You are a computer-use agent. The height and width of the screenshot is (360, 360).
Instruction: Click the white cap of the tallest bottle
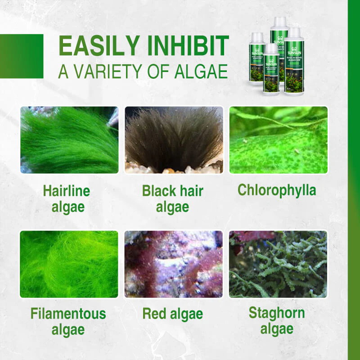point(279,21)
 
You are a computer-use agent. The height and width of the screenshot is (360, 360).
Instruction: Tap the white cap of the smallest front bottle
point(271,47)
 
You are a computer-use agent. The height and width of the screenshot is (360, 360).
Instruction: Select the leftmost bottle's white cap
point(257,36)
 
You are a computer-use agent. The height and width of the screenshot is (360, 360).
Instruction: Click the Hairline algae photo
point(69,140)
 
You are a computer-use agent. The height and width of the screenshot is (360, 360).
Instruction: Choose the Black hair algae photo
point(174,140)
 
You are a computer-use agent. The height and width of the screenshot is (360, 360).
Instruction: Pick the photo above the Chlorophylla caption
point(278,140)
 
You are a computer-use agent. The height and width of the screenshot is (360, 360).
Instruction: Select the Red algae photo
point(173,264)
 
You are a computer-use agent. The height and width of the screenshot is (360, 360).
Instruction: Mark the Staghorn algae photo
point(278,264)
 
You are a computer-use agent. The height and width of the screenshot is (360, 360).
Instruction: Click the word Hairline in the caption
point(67,190)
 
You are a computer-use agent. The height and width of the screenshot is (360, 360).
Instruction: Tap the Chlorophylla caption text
point(277,189)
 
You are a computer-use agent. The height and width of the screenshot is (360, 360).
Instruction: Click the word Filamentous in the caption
point(68,314)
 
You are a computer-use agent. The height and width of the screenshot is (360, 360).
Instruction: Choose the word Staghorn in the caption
point(277,313)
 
